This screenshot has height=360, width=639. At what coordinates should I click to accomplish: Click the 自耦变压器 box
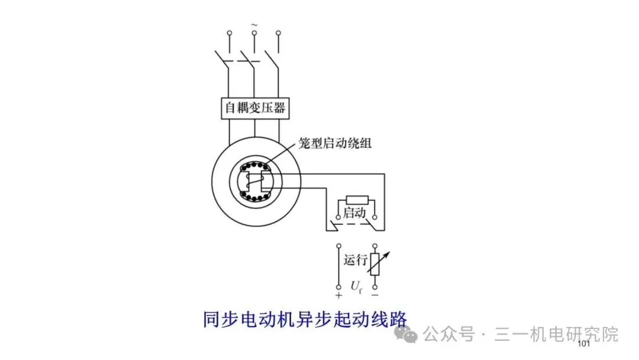254,108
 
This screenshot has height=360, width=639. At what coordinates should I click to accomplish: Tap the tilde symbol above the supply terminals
254,24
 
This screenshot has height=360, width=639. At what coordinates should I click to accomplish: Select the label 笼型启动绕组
335,143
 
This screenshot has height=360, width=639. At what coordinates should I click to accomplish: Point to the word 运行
356,259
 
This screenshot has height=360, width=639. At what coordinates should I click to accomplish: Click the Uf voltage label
356,288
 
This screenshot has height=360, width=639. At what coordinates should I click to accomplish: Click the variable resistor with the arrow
375,265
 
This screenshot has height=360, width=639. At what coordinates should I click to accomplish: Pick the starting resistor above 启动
356,200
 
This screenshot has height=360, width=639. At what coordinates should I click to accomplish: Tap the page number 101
583,345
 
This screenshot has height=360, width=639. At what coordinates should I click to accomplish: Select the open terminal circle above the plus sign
338,245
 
